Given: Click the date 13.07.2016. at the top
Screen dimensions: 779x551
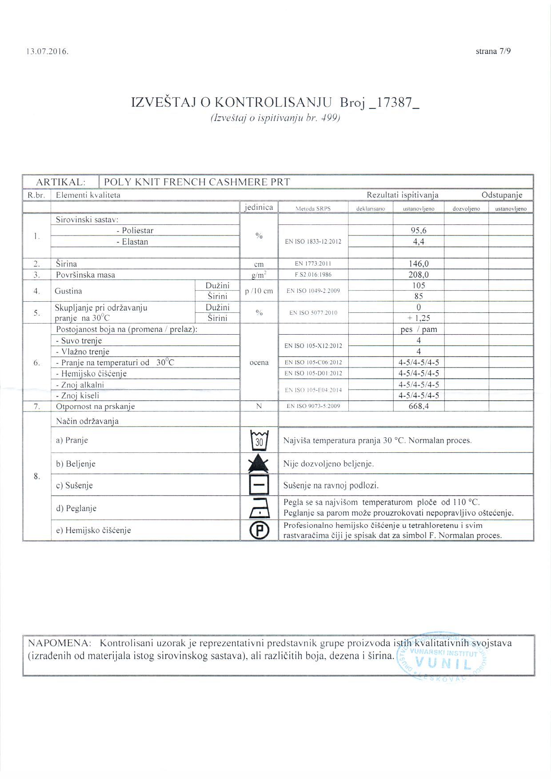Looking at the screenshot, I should [x=48, y=52].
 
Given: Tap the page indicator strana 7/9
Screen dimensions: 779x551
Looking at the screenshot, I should [x=493, y=51].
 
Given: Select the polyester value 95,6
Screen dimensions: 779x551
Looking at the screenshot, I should [x=419, y=230].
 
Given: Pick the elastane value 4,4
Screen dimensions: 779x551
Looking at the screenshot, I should [x=419, y=242].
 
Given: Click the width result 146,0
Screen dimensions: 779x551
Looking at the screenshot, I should [x=419, y=264].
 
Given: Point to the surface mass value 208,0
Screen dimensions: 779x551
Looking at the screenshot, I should [x=419, y=275].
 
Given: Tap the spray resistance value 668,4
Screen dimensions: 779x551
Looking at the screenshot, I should [x=419, y=406].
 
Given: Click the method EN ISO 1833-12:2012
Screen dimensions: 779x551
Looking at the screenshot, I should [x=313, y=242].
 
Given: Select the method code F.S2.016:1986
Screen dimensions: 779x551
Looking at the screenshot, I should [x=313, y=275].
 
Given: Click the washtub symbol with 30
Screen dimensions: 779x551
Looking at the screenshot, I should [x=260, y=440].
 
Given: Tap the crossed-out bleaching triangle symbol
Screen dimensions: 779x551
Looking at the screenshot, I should [x=260, y=463].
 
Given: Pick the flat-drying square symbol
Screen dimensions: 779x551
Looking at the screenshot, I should [x=260, y=485].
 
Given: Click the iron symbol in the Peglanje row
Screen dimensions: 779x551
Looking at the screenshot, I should [x=260, y=508].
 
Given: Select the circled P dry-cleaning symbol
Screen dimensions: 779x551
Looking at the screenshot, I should [x=260, y=530].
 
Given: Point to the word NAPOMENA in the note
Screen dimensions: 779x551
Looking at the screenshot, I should [x=60, y=643].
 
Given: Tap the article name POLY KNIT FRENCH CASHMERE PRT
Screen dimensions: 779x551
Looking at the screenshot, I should [x=197, y=182].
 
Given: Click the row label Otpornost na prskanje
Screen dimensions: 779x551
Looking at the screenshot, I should [x=95, y=406].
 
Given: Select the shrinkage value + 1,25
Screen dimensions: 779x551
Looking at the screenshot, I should [x=419, y=318].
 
